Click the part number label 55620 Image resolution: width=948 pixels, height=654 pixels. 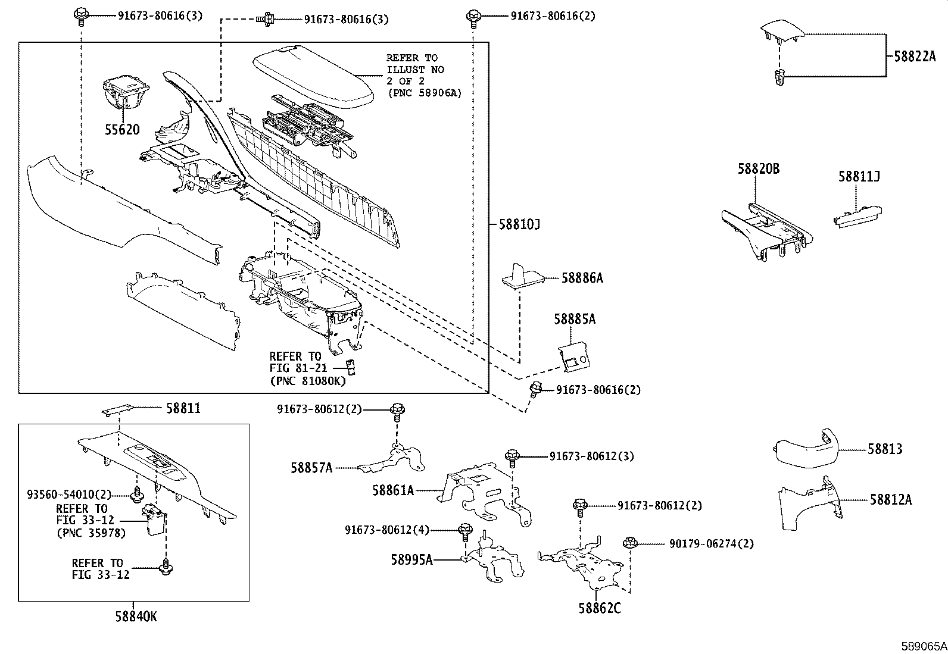click(x=122, y=130)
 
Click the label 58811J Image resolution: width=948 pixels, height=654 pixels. click(x=859, y=176)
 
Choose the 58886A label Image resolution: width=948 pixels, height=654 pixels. click(x=582, y=278)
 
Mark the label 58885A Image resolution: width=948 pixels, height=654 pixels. click(x=575, y=320)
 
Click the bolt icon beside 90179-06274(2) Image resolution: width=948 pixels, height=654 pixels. click(x=629, y=543)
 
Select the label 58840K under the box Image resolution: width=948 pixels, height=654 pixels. click(x=136, y=617)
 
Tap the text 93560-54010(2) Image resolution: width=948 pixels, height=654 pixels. click(x=69, y=495)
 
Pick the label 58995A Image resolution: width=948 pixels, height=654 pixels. click(x=411, y=559)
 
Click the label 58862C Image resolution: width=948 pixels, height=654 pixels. click(x=599, y=608)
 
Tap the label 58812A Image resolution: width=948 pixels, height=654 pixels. click(x=890, y=500)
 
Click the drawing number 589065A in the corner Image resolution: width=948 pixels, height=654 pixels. click(x=923, y=646)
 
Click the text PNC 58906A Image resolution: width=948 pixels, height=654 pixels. click(x=423, y=93)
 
